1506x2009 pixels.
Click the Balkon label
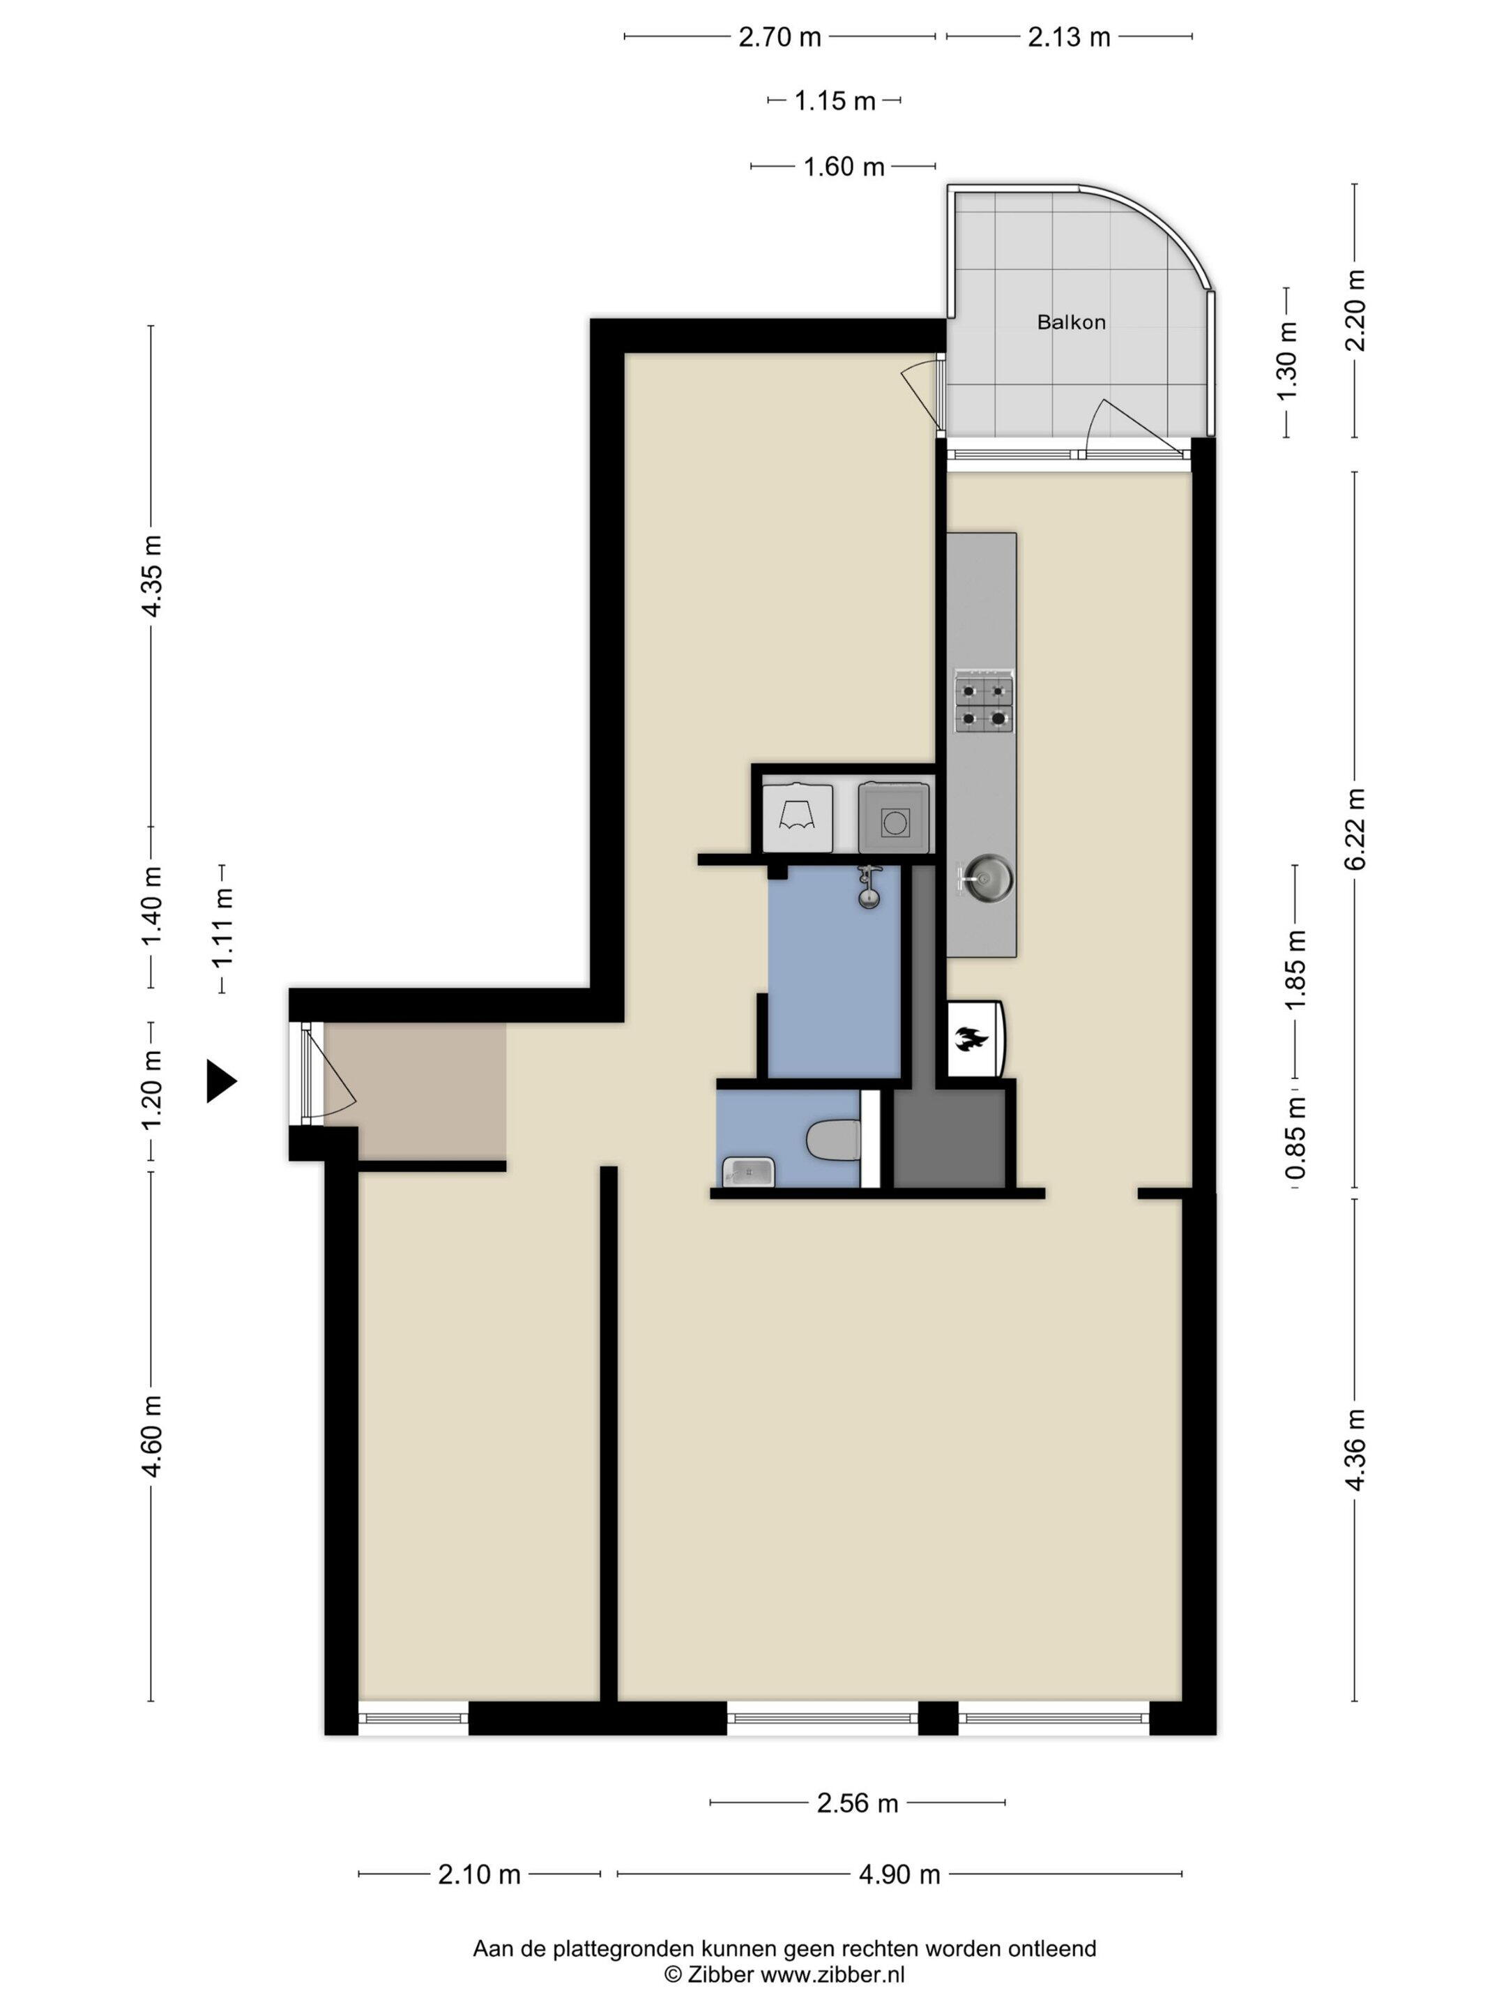[1071, 322]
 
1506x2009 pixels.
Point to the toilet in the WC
[832, 1140]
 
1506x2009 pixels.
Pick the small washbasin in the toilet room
[749, 1172]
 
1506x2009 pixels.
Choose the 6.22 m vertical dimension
[1355, 828]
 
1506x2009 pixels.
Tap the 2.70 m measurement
[779, 37]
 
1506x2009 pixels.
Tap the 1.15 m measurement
[835, 101]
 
